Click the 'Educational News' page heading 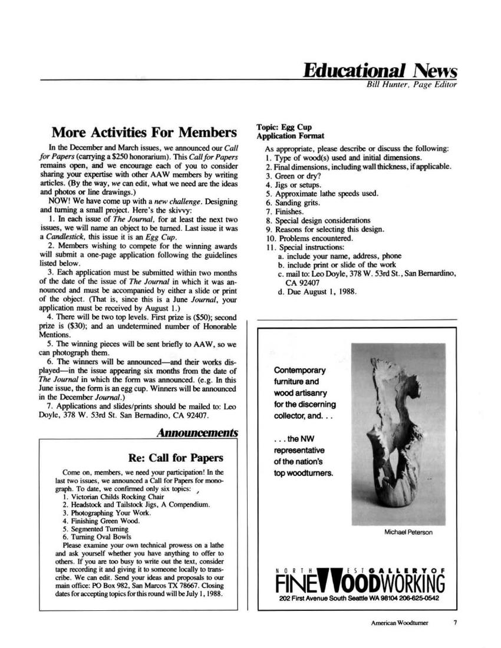380,71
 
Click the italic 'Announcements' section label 198,433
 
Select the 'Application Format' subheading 290,136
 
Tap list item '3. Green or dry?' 289,176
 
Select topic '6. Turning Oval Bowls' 97,537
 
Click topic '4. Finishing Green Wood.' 101,521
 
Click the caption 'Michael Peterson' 408,533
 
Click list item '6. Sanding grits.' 293,203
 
